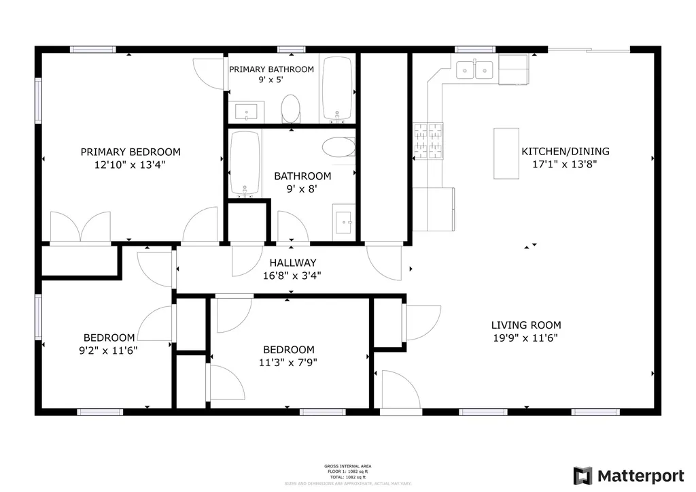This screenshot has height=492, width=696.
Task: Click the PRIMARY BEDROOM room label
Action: (130, 152)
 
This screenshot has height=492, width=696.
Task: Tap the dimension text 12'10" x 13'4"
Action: (130, 165)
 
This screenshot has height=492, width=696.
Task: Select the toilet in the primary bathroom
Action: (290, 108)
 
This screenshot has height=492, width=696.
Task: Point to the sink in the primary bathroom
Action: (247, 112)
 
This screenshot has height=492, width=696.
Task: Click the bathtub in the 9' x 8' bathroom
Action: (245, 163)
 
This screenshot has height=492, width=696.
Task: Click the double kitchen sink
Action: (475, 69)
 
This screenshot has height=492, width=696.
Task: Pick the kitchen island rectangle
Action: (506, 153)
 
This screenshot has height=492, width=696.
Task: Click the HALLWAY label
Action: (292, 263)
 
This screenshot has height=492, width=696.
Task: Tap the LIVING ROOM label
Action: (527, 325)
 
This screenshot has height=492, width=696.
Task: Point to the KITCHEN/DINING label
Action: (565, 152)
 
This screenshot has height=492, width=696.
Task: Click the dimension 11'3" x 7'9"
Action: (289, 362)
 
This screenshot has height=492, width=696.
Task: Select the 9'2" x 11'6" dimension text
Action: (109, 350)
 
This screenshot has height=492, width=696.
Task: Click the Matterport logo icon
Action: (582, 475)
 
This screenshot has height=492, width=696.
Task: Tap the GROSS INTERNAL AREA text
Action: (347, 466)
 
